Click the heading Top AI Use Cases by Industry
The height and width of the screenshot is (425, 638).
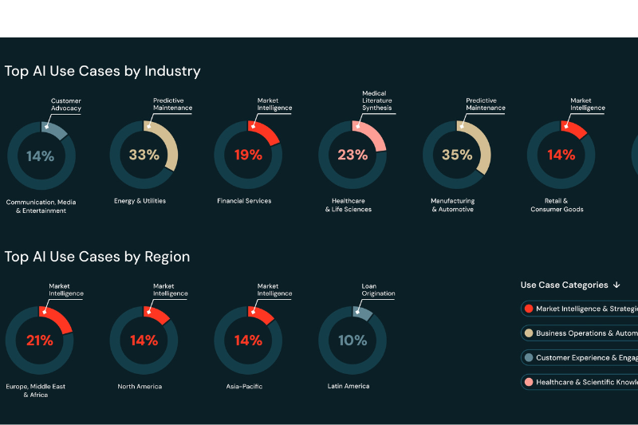pos(102,71)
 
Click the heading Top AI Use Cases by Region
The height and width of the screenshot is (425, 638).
pos(97,257)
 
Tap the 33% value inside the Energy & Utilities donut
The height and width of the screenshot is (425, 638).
pos(144,155)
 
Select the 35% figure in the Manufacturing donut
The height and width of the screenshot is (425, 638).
pos(456,155)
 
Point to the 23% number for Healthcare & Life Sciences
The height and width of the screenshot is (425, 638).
pos(352,155)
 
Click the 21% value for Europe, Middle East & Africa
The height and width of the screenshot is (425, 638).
pos(39,340)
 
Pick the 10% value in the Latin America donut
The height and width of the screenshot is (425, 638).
pos(352,340)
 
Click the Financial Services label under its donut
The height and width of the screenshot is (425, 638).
pos(244,201)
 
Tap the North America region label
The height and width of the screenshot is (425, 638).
pos(140,387)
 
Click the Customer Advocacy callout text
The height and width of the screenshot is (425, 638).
pos(66,104)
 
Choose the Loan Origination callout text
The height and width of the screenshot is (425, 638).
pos(379,289)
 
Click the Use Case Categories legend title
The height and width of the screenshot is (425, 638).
pos(564,285)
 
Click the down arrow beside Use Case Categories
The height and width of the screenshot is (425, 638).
pos(616,285)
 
